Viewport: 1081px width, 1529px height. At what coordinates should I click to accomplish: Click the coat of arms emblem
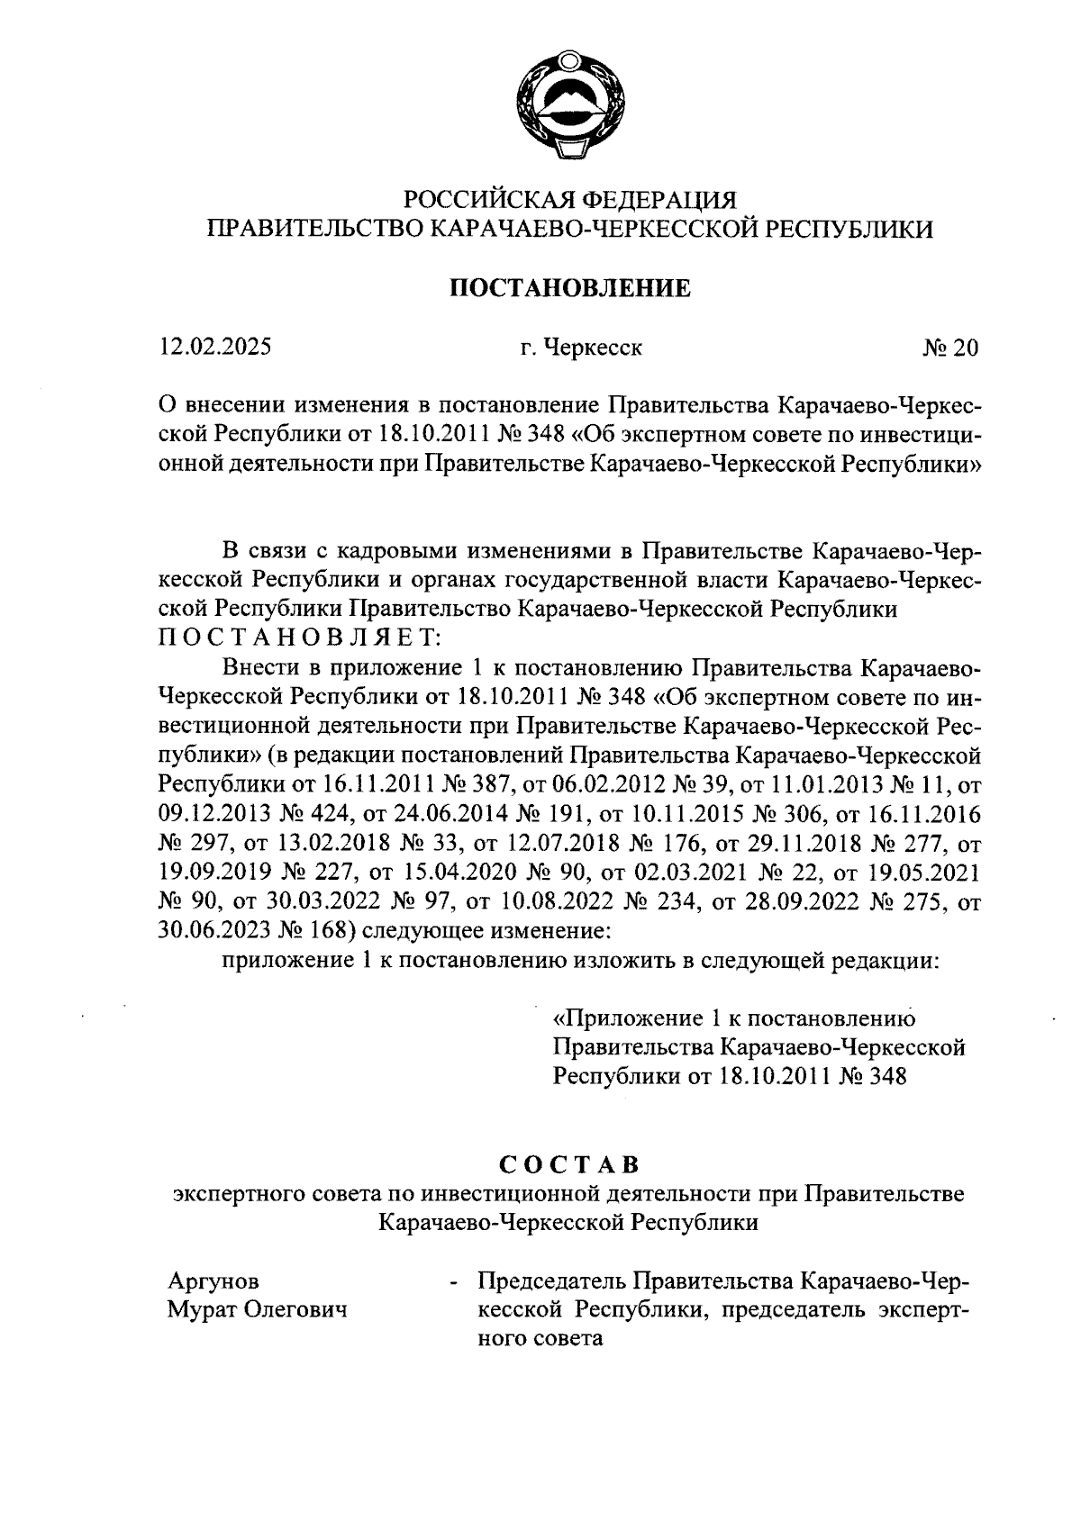568,106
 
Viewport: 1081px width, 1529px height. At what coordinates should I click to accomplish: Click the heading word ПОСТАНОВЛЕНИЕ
569,288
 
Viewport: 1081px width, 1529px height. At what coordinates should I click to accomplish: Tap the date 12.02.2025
215,348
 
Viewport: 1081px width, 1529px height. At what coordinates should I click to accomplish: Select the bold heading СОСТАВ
569,1163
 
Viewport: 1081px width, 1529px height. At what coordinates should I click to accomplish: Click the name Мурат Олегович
259,1310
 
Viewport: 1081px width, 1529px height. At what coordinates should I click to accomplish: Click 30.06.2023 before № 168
215,930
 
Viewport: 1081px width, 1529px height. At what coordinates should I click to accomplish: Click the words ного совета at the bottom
539,1339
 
